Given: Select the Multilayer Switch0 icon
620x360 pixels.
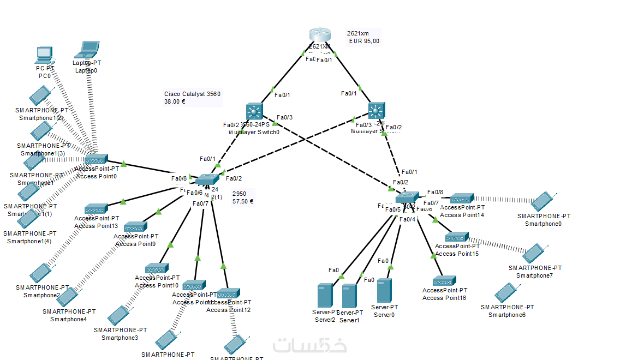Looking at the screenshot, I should point(254,111).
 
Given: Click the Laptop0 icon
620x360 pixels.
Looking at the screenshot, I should point(88,50).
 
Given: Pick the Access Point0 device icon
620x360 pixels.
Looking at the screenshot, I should point(96,160).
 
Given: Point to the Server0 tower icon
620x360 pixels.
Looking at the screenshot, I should point(384,291).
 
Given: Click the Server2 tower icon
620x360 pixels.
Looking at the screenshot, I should point(325,295).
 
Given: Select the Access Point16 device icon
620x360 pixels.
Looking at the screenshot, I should point(444,281).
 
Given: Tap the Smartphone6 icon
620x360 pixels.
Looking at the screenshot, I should point(504,293).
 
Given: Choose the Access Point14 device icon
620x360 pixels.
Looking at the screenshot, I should point(462,199).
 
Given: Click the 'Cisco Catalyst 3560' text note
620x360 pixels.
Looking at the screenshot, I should point(192,94).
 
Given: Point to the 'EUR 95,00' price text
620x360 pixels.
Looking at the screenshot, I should point(364,41).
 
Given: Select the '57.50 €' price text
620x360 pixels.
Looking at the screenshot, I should point(243,201).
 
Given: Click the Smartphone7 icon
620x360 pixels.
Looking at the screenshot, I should point(532,253).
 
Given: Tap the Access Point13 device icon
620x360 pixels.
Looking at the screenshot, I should point(96,209).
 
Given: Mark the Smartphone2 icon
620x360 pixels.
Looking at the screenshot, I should point(40,273).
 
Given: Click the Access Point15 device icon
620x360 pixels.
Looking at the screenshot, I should point(456,238).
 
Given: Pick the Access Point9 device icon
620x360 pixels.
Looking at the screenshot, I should point(135,227).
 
